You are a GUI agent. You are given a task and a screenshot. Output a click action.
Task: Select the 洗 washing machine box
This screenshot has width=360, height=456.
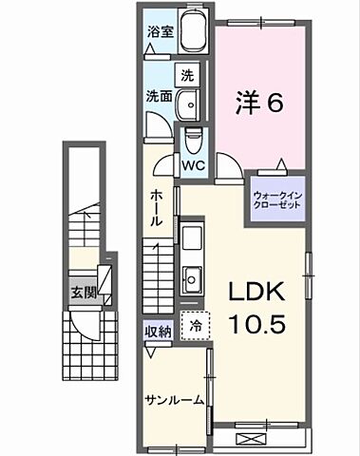point(188,74)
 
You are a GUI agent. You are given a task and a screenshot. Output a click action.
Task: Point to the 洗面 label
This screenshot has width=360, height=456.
point(158,96)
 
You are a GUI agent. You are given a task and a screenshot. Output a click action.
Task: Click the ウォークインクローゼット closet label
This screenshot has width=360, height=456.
point(276,200)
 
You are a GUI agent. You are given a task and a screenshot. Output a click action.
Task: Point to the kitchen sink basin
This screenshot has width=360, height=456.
point(190,278)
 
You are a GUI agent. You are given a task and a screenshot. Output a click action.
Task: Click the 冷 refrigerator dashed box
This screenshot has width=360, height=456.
point(195,324)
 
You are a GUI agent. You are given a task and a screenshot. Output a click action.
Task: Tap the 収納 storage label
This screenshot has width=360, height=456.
point(158,331)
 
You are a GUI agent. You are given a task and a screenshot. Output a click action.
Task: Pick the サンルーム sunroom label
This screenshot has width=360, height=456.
point(176,400)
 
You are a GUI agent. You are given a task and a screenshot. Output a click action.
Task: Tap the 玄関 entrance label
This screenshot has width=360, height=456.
point(83,293)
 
